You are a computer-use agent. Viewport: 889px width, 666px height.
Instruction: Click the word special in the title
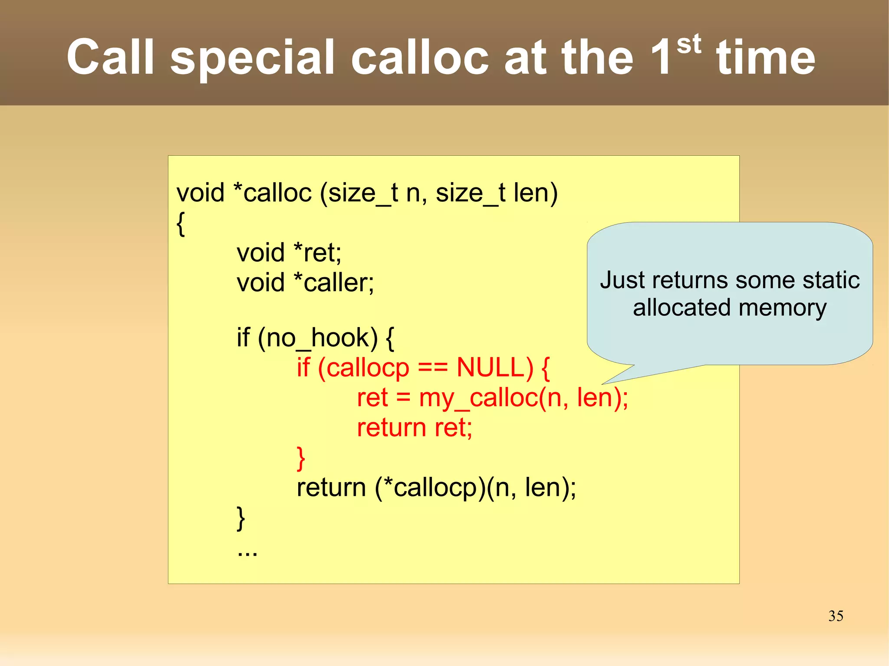coord(252,58)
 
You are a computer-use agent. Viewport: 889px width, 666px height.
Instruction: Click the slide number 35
coord(836,616)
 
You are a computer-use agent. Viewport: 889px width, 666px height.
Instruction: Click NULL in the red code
coord(494,368)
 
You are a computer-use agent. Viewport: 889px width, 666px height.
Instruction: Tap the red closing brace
coord(301,458)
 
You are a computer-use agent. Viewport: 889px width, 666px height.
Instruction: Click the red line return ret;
coord(414,428)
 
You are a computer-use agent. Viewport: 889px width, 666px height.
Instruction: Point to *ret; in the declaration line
coord(317,253)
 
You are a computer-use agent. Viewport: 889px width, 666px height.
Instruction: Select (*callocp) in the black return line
coord(430,488)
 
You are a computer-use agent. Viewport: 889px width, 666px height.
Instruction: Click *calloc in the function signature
coord(272,193)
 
